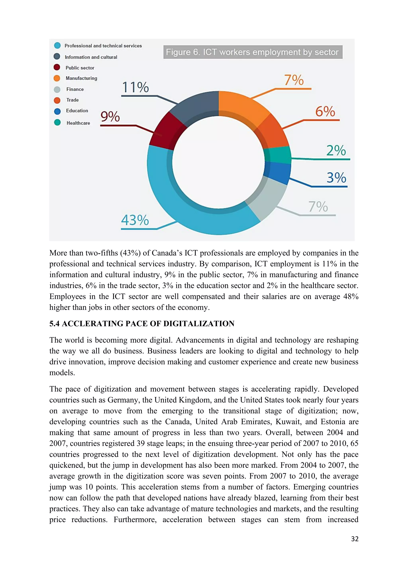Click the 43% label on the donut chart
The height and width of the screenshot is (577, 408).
pyautogui.click(x=135, y=220)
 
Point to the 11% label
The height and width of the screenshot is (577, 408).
pyautogui.click(x=135, y=87)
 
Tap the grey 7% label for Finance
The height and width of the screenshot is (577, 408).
pyautogui.click(x=318, y=207)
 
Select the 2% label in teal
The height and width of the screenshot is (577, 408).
pyautogui.click(x=336, y=151)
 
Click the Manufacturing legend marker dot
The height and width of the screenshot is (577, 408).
pyautogui.click(x=57, y=78)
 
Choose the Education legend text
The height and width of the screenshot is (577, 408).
pyautogui.click(x=77, y=111)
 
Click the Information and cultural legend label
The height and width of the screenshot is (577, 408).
pyautogui.click(x=91, y=57)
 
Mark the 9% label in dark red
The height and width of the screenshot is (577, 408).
pyautogui.click(x=110, y=117)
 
